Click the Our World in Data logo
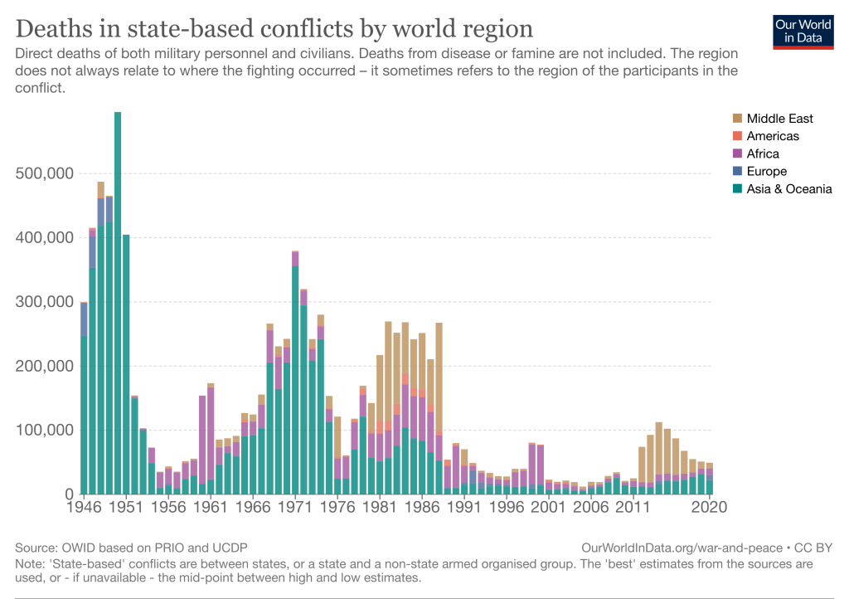coord(803,31)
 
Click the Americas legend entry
coord(772,136)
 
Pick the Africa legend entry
coord(762,153)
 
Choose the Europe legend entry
coord(766,171)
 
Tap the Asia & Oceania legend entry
coord(788,189)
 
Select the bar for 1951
coord(126,365)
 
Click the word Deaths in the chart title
coord(56,29)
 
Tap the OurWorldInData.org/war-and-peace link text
coord(682,548)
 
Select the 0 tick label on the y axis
coord(69,494)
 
